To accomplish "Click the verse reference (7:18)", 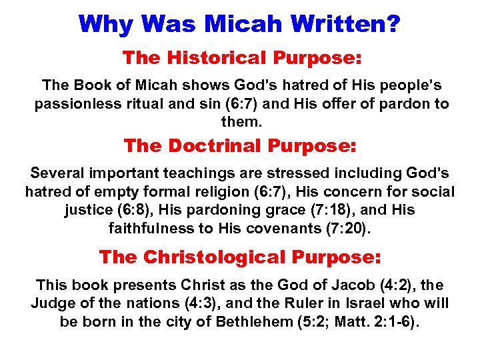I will pos(342,211).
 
